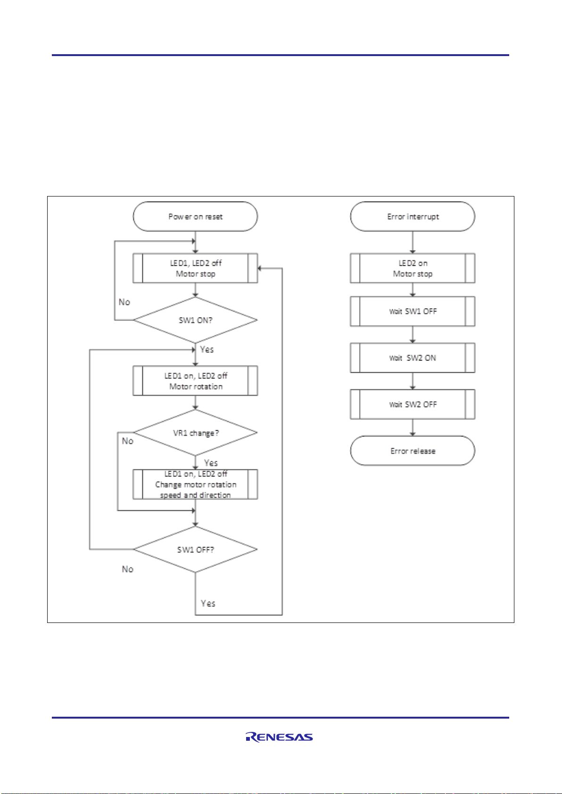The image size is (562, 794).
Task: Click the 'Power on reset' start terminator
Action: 195,217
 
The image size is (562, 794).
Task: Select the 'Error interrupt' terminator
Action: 413,217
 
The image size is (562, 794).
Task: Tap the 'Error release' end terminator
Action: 413,450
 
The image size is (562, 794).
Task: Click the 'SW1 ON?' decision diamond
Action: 195,320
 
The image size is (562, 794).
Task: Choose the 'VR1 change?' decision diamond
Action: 195,433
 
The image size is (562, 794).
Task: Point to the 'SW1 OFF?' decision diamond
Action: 195,549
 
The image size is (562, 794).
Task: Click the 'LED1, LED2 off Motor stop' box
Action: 195,268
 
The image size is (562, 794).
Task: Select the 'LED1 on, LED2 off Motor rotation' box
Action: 195,381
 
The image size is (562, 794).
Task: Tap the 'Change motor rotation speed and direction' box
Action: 195,484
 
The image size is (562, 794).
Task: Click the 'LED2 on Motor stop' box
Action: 413,268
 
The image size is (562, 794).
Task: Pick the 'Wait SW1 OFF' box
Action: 413,311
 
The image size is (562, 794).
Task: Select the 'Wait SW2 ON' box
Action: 413,358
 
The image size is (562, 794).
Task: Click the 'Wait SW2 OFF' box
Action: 413,404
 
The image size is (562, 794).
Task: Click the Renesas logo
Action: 280,737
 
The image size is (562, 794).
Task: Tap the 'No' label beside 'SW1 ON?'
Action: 124,302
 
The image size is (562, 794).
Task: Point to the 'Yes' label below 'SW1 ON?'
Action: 207,350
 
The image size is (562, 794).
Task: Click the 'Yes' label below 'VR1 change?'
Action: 211,463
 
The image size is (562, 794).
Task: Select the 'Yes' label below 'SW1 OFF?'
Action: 208,603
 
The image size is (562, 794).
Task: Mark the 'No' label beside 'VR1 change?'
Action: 128,441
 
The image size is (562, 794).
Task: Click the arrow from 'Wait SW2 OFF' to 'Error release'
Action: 413,427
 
